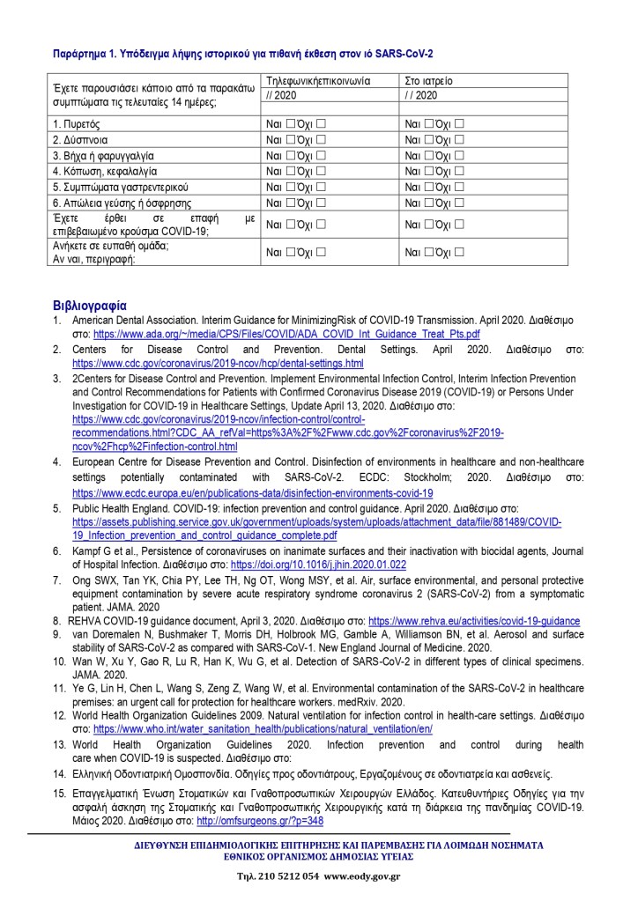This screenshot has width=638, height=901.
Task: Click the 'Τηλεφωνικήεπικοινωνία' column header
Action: tap(318, 80)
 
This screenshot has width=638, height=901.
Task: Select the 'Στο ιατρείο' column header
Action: tap(428, 80)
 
